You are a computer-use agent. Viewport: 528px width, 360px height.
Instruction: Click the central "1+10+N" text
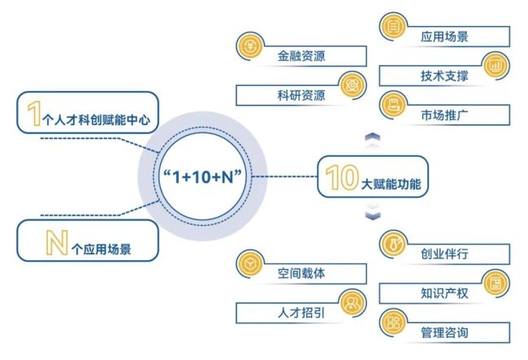[202, 176]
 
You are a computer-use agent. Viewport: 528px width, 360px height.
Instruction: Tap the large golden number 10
[341, 177]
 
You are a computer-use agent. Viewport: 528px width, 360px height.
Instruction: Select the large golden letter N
[57, 242]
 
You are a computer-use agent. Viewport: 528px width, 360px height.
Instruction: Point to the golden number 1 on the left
[34, 114]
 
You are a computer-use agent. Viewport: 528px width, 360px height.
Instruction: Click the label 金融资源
[301, 55]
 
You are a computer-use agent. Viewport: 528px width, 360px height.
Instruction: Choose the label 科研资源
[301, 95]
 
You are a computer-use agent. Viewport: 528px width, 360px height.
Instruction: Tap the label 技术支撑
[444, 76]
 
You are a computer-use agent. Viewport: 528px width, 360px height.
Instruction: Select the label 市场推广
[444, 115]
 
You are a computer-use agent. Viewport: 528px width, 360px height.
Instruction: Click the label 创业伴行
[444, 254]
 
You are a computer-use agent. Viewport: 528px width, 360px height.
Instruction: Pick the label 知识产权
[444, 293]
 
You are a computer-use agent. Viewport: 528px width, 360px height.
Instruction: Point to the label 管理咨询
[444, 332]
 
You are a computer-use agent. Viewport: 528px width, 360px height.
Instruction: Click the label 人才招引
[301, 313]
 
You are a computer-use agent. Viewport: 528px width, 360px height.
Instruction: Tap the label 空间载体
[301, 273]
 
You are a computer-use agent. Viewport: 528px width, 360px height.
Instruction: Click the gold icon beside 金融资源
[250, 46]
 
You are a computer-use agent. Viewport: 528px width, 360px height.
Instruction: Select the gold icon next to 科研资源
[353, 85]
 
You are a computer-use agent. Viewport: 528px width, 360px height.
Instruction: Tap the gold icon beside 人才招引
[353, 303]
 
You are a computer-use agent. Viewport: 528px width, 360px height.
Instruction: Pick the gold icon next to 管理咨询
[393, 323]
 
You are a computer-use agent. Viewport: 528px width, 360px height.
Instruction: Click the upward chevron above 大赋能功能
[373, 137]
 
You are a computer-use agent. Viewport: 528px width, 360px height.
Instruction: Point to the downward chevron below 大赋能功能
[373, 215]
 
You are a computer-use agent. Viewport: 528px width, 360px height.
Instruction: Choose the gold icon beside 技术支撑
[496, 66]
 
